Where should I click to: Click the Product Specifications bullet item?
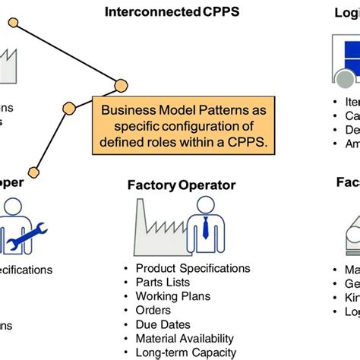click(193, 268)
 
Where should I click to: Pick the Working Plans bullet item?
click(173, 296)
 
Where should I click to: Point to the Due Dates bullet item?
click(162, 325)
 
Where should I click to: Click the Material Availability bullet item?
click(185, 339)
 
